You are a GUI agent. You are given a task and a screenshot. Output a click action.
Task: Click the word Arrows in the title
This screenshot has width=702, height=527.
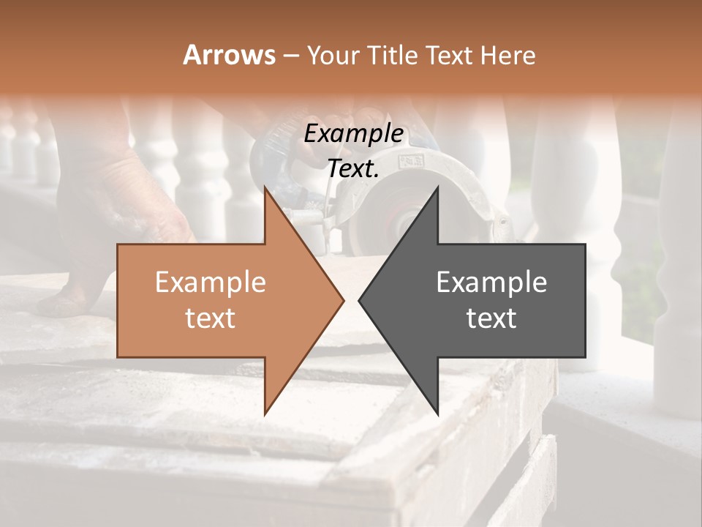point(229,55)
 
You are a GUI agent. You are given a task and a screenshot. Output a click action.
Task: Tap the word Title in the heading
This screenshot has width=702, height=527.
point(395,55)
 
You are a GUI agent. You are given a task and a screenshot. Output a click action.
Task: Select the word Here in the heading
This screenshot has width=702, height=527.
point(507,55)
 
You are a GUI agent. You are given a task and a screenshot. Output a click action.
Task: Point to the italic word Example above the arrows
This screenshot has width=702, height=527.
point(353,134)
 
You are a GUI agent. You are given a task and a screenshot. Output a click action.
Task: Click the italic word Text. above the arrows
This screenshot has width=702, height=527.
point(353,169)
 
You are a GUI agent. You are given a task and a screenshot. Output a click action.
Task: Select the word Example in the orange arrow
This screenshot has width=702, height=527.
point(210,283)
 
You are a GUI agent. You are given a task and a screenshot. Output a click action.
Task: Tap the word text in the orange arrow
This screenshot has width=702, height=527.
point(210,318)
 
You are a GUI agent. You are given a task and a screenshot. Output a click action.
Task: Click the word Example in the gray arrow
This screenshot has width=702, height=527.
point(491,283)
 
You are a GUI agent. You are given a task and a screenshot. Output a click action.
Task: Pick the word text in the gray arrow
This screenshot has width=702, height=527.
point(491,318)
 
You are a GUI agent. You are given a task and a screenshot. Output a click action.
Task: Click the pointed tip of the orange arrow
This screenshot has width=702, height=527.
point(343,300)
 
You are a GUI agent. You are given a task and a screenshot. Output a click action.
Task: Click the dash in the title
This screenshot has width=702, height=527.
point(290,56)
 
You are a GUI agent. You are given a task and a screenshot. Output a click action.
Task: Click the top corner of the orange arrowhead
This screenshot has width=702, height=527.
point(265,188)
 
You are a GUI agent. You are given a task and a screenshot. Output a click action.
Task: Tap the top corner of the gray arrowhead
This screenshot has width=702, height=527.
point(438,188)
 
